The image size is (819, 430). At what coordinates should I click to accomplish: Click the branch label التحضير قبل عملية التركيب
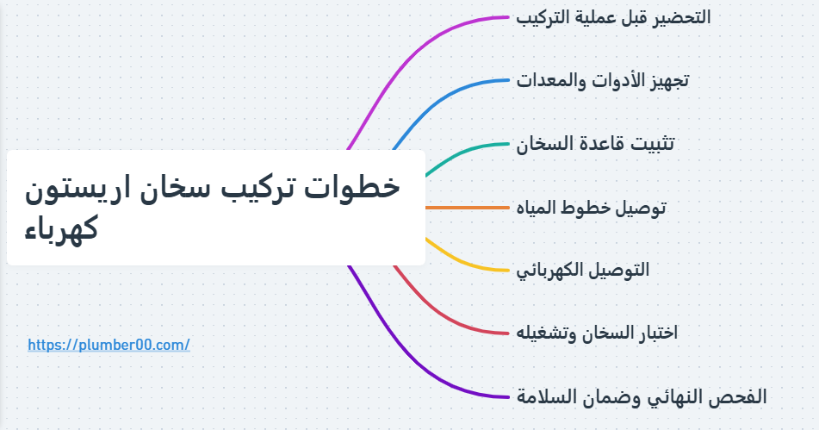pos(613,17)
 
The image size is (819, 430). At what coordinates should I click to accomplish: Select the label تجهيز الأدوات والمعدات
pos(603,81)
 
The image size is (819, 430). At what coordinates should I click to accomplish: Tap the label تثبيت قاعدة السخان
pos(595,144)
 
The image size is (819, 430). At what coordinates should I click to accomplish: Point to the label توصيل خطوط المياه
pos(591,208)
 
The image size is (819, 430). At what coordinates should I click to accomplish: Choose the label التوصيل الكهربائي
pos(583,270)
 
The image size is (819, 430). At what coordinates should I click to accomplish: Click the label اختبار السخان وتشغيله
pos(597,333)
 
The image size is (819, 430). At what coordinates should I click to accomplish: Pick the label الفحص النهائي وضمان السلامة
pos(642,396)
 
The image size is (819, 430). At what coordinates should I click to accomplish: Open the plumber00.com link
pos(109,345)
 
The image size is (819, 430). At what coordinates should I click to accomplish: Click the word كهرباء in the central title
pos(61,230)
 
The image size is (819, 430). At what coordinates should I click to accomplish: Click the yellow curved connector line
pos(465,263)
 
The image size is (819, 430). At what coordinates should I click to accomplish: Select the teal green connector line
pos(465,150)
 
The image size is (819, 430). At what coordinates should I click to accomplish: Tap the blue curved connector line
pos(448,95)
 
